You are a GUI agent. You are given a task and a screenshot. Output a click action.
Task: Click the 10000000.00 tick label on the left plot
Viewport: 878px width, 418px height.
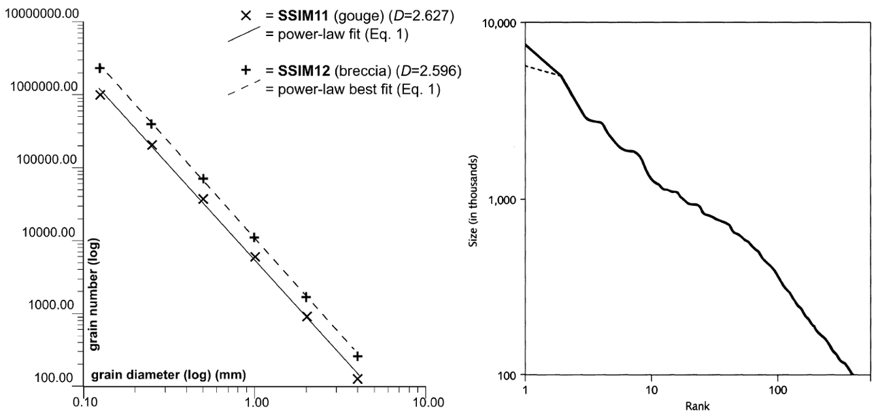(41, 14)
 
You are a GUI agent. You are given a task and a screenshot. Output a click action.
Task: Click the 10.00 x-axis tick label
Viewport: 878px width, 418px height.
(425, 400)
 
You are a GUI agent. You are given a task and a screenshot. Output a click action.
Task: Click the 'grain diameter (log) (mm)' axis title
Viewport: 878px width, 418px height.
(168, 375)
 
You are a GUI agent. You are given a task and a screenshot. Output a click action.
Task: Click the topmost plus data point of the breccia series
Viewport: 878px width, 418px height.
(100, 68)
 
